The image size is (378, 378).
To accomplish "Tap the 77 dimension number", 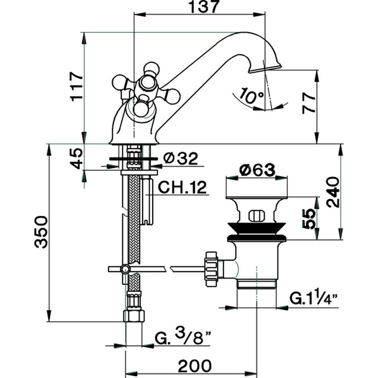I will click(309, 103).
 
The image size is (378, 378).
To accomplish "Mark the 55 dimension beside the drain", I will click(309, 218).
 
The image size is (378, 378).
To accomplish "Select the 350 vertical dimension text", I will click(41, 232).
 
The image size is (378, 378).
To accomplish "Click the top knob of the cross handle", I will click(150, 69).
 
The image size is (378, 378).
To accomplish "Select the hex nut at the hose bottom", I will click(134, 315).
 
